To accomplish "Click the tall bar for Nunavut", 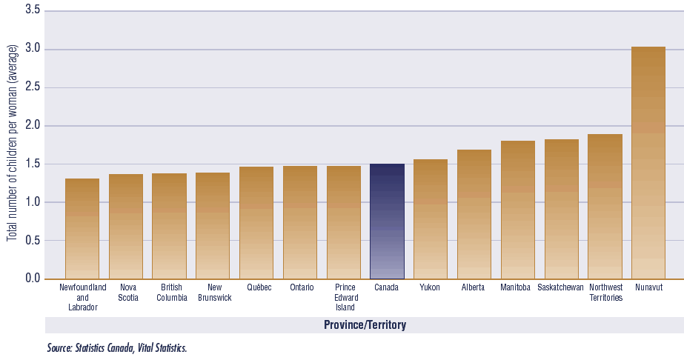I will pos(648,163).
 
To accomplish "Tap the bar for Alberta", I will pos(474,214).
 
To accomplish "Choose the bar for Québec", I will pos(256,222).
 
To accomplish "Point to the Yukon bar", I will pos(431,219).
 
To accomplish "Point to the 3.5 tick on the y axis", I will pos(33,11).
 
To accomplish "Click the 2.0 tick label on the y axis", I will pos(33,126).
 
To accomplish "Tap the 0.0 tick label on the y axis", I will pos(33,279).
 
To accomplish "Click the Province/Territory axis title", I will pos(365,325).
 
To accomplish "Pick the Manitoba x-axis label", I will pos(516,287).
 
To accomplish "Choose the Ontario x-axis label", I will pos(301,287).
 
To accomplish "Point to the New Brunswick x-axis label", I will pos(213,292).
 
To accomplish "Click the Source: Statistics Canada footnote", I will pos(116,347).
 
